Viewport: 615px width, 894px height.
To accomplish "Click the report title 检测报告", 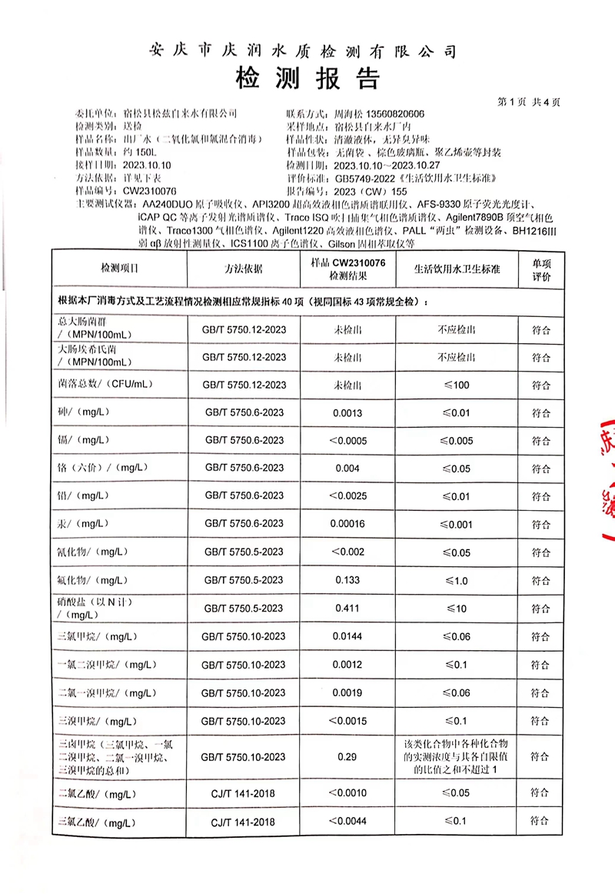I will [x=307, y=78].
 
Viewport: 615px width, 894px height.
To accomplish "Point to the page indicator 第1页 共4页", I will [x=530, y=102].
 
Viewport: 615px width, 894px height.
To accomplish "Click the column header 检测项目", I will [x=119, y=269].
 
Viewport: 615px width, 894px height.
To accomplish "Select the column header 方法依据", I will [x=244, y=269].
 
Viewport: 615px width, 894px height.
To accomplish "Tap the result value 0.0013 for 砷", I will [x=347, y=412].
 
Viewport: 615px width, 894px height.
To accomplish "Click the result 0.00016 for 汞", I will [x=347, y=523].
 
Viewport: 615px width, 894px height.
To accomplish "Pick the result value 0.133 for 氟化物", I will [x=347, y=580].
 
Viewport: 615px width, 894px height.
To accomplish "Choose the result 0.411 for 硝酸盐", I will [x=347, y=608].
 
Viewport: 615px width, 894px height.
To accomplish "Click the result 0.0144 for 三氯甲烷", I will [x=347, y=636].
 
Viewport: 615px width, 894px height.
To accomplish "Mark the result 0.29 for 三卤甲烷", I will [x=347, y=756].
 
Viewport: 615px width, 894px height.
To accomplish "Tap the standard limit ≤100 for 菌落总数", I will [x=457, y=385].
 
